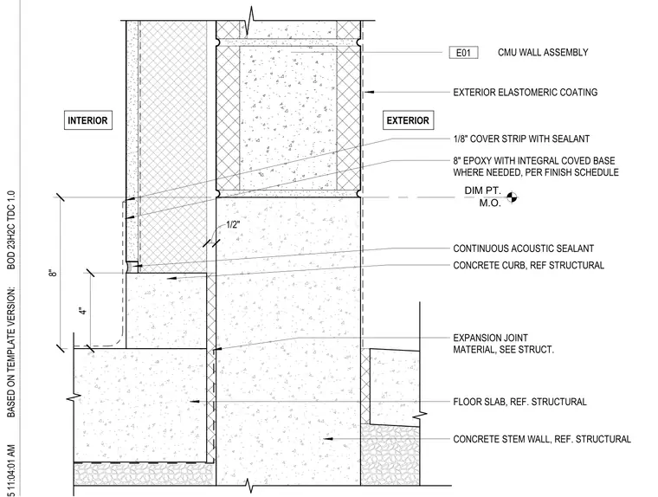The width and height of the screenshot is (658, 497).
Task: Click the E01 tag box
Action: click(463, 53)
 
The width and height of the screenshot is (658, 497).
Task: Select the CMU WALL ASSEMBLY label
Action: click(543, 53)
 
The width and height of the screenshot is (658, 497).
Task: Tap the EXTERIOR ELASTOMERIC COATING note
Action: click(525, 93)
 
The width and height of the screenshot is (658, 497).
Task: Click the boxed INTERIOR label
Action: click(87, 120)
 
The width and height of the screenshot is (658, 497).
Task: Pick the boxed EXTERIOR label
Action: click(408, 120)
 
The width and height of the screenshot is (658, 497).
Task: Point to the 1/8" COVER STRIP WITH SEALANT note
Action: click(521, 139)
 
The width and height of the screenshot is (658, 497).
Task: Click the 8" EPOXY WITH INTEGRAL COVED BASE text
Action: click(534, 161)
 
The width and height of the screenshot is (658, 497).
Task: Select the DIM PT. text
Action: click(482, 190)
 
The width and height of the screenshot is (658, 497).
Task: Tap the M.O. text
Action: click(490, 203)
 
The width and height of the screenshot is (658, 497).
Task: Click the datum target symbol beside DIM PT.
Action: click(512, 197)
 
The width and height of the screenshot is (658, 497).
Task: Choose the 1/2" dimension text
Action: click(233, 224)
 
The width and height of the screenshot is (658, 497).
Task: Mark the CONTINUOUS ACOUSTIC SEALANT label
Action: click(523, 248)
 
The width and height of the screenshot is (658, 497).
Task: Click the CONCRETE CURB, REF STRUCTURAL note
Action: click(528, 265)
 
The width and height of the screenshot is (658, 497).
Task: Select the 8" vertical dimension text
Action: click(53, 273)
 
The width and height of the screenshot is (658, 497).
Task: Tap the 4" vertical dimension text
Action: click(83, 311)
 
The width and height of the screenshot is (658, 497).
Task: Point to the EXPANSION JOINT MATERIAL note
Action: click(503, 344)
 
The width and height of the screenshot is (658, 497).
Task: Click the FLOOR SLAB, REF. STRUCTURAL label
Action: click(519, 402)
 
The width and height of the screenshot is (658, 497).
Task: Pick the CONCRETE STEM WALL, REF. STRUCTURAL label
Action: click(542, 439)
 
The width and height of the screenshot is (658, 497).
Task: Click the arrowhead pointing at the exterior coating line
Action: click(369, 92)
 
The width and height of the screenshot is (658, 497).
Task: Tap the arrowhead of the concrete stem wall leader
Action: click(328, 439)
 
